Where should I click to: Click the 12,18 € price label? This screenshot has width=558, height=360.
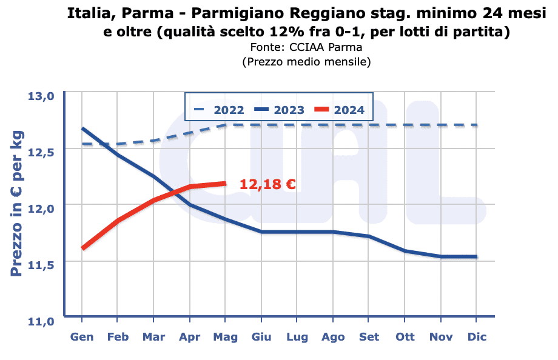pyautogui.click(x=267, y=184)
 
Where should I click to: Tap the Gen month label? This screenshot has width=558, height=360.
pyautogui.click(x=82, y=337)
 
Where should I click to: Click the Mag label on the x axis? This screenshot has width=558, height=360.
pyautogui.click(x=226, y=337)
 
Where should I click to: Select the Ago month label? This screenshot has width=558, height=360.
pyautogui.click(x=333, y=337)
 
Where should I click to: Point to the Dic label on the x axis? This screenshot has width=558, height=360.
pyautogui.click(x=477, y=337)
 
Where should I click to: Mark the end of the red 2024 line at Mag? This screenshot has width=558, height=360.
pyautogui.click(x=226, y=183)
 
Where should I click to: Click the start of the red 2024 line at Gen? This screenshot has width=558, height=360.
pyautogui.click(x=82, y=248)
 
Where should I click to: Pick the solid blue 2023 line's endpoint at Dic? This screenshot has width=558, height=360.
pyautogui.click(x=477, y=257)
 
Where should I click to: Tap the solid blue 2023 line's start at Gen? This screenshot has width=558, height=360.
pyautogui.click(x=82, y=128)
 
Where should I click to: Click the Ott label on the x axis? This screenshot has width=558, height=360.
pyautogui.click(x=405, y=337)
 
